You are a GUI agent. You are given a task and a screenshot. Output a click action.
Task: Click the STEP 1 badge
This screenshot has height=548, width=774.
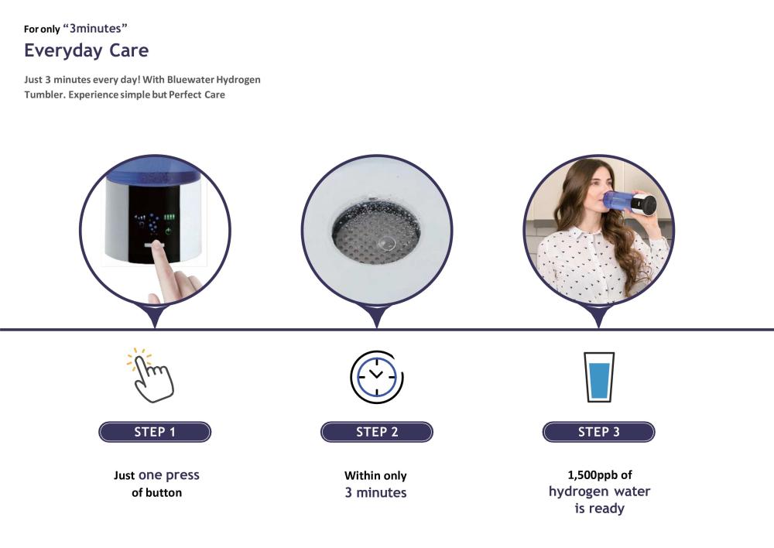point(155,432)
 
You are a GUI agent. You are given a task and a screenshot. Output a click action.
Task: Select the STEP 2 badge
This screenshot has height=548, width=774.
point(377,432)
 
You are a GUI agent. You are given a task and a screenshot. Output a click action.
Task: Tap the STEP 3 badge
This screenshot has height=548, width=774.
point(599,432)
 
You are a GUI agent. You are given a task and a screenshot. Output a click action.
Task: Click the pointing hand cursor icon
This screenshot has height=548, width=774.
point(151,375)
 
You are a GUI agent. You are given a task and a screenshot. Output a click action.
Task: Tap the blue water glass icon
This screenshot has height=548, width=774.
point(599,377)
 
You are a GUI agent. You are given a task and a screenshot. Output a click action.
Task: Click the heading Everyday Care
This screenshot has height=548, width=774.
point(87,50)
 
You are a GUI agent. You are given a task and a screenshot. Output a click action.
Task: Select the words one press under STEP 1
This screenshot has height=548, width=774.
point(169,475)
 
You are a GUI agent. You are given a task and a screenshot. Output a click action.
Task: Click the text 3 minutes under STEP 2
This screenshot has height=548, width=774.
point(375,493)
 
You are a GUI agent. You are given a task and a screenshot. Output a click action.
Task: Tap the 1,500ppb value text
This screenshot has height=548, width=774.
point(593,475)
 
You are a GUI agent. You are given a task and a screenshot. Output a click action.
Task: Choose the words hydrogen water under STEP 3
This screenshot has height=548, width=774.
point(599,491)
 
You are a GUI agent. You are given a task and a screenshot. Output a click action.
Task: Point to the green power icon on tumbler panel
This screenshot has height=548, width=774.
point(169,231)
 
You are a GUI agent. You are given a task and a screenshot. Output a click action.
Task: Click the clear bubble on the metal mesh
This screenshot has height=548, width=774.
point(385,243)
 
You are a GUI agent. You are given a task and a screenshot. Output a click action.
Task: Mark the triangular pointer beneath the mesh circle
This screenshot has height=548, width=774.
point(377,317)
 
